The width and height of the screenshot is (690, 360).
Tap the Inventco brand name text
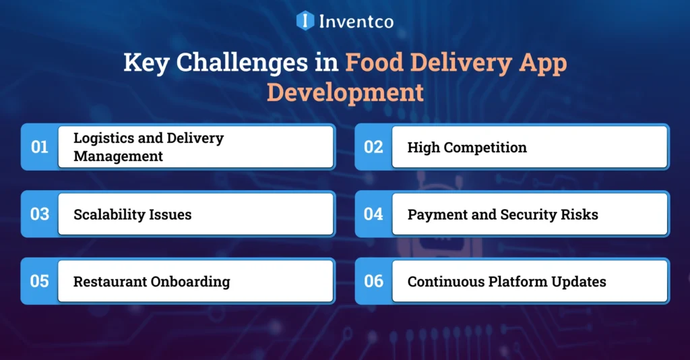point(355,21)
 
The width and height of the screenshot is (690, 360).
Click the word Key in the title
point(144,63)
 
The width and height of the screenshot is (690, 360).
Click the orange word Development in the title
point(345,92)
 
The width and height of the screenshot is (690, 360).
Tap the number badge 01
point(40,146)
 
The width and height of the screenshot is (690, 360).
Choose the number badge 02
point(373,146)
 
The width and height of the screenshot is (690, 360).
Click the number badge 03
point(40,214)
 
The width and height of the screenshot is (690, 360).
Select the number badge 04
point(373,214)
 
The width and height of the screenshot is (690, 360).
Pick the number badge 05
point(40,280)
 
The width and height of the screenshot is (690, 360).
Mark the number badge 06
point(373,280)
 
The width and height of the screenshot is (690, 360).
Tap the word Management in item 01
point(118,156)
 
